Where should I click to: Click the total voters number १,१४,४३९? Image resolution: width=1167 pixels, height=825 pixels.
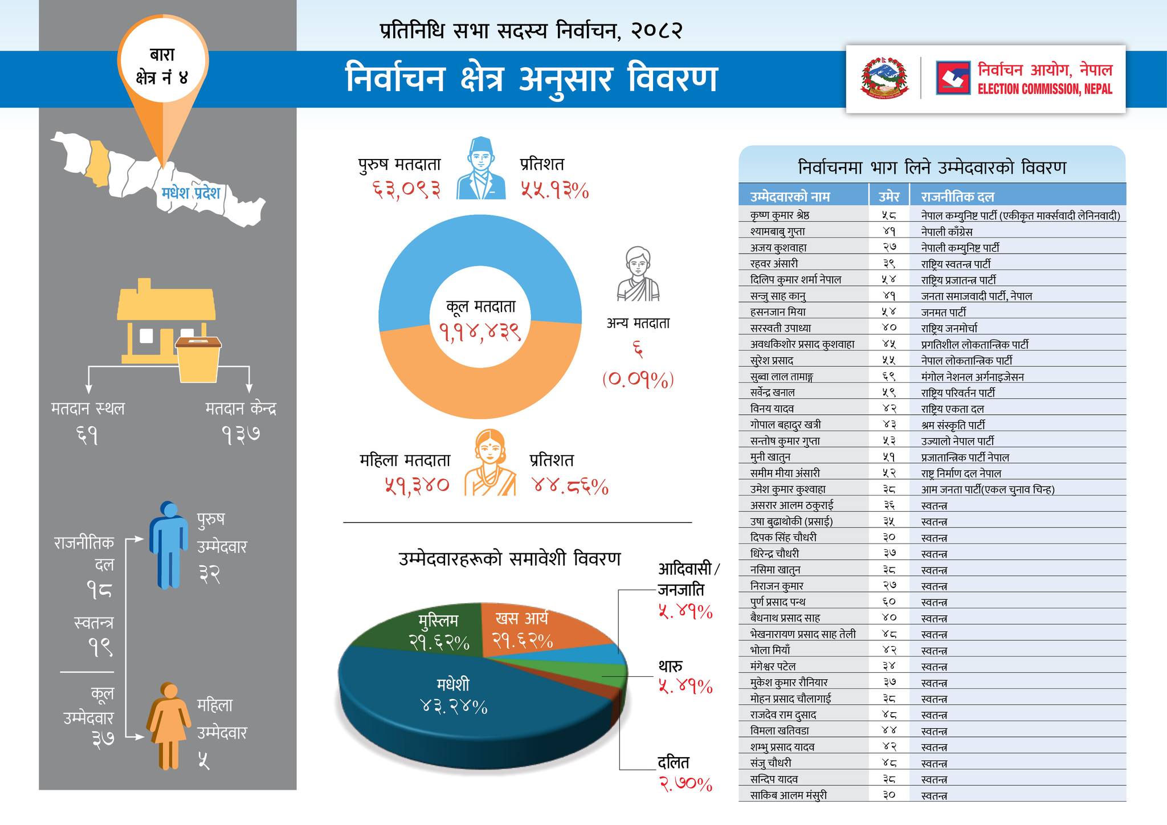(480, 332)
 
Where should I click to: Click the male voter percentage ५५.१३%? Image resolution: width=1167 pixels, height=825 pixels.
(554, 190)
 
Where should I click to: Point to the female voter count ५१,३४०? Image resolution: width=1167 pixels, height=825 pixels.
(417, 485)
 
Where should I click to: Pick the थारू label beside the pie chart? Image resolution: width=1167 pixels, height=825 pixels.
(671, 665)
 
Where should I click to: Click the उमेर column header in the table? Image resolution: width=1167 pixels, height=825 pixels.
(888, 197)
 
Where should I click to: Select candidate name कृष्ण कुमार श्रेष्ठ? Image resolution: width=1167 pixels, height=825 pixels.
(780, 215)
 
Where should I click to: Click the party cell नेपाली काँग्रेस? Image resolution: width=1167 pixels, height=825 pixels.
(946, 232)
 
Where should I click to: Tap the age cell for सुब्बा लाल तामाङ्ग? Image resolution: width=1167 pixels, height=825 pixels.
(889, 377)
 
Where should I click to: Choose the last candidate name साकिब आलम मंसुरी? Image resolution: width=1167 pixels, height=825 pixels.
(788, 795)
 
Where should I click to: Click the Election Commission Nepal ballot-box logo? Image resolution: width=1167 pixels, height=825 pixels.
(953, 78)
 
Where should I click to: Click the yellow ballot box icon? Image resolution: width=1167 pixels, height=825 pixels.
(198, 359)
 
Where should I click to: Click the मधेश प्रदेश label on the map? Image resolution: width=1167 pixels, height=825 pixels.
(190, 193)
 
